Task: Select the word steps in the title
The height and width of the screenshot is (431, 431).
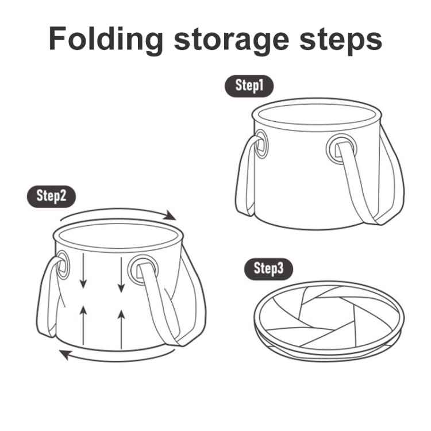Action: pyautogui.click(x=339, y=39)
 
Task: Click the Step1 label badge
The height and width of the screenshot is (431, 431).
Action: pyautogui.click(x=248, y=86)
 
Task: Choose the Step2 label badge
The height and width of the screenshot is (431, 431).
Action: pyautogui.click(x=51, y=195)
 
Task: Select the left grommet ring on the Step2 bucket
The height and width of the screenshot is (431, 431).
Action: pyautogui.click(x=63, y=267)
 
